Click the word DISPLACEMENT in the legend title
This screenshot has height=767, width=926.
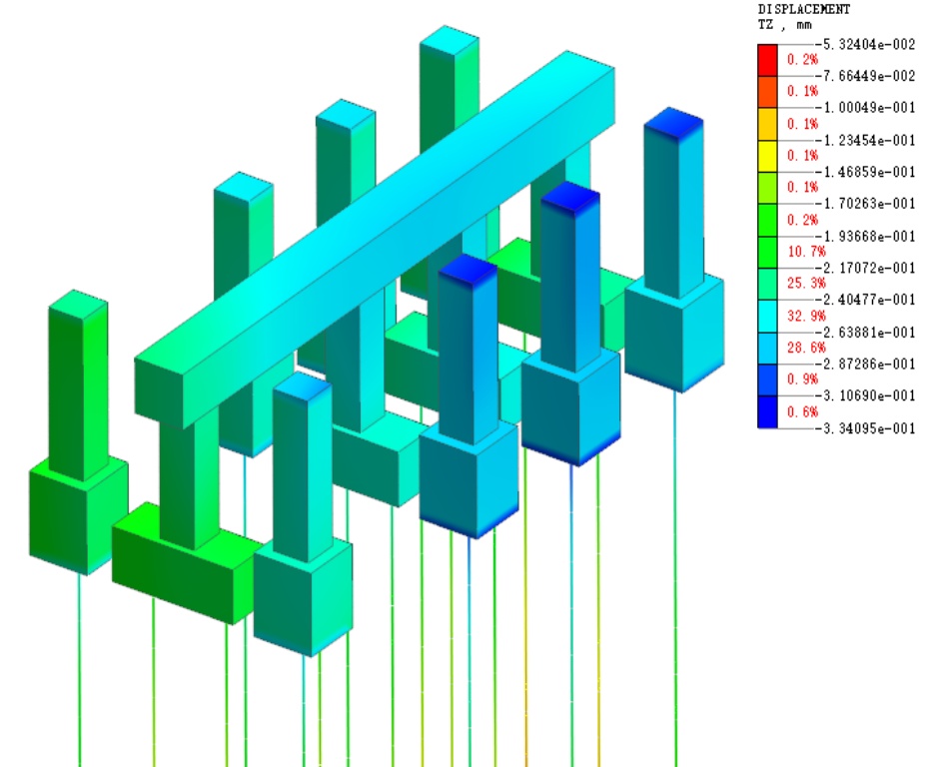pos(804,9)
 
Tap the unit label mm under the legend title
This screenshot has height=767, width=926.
pos(804,25)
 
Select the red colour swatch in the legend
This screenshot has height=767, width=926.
pos(767,60)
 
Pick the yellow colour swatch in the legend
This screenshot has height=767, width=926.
pos(767,156)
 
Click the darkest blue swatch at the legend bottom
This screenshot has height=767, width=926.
pos(767,411)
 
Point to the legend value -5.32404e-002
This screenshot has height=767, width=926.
pos(865,44)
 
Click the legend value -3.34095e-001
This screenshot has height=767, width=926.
pos(865,427)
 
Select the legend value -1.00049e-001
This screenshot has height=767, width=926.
pos(865,108)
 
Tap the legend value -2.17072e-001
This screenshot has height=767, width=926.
pos(865,268)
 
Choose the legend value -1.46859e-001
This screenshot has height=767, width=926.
pos(865,172)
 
